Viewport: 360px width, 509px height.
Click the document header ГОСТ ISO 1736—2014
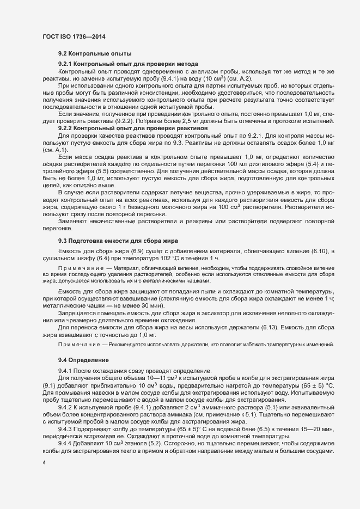tap(74, 36)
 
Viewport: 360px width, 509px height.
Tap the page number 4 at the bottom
tap(44, 463)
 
